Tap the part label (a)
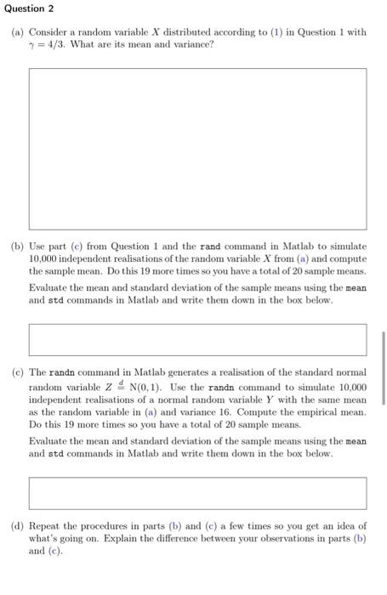pos(17,32)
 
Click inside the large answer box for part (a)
pos(197,149)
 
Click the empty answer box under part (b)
pos(197,339)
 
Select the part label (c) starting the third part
pos(17,373)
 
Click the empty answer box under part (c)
pos(197,493)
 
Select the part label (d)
pos(17,526)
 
